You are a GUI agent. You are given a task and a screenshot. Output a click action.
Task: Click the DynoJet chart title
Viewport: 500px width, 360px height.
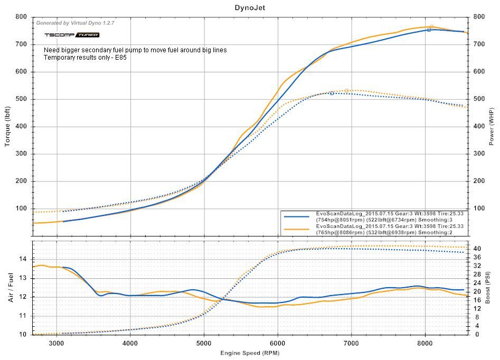point(250,7)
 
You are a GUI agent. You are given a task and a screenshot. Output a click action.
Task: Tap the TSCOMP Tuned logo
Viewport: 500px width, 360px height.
point(71,35)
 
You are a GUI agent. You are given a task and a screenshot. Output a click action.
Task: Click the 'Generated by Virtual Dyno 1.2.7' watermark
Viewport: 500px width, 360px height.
point(75,23)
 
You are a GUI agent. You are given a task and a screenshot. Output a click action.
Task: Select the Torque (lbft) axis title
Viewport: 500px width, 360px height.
point(7,127)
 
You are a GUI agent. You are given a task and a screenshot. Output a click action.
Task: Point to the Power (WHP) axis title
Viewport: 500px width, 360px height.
point(492,127)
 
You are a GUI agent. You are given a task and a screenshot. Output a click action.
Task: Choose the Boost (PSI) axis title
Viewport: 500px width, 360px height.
point(492,287)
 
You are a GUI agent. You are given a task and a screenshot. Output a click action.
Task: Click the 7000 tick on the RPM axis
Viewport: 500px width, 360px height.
point(351,342)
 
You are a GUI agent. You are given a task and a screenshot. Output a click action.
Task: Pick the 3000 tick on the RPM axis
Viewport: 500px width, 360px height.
point(56,342)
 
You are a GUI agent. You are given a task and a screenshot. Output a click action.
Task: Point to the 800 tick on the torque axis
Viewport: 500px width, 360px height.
point(22,17)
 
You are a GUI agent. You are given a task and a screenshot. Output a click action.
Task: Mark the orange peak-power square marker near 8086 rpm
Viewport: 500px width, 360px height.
point(431,26)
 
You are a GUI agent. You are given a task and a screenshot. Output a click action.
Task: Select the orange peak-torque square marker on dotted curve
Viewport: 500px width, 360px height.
point(346,90)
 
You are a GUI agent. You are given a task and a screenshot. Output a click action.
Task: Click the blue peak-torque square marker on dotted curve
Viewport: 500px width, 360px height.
point(332,93)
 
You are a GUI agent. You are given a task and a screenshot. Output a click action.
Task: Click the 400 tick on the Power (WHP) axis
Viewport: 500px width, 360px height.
point(478,127)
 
